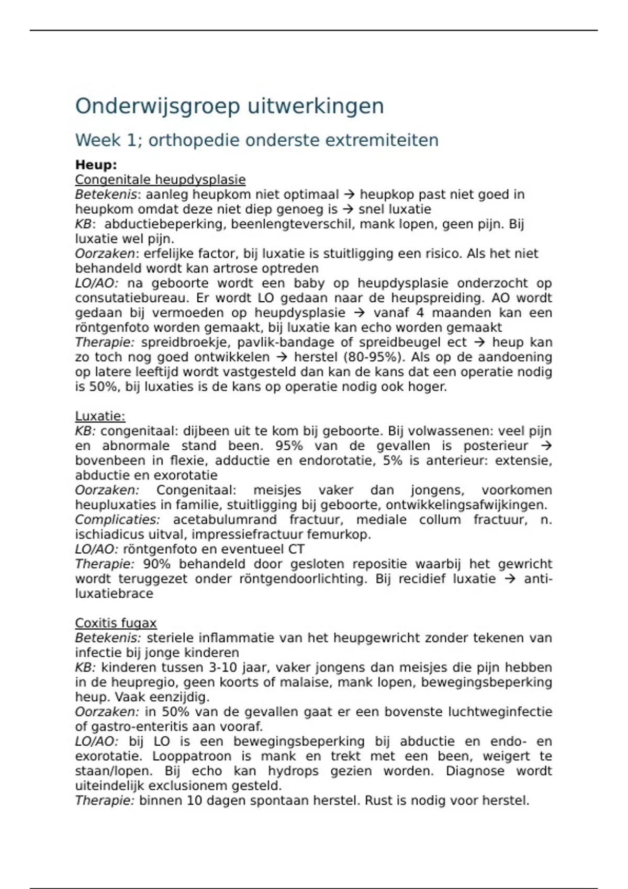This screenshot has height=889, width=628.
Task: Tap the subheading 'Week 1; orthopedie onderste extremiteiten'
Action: click(x=256, y=140)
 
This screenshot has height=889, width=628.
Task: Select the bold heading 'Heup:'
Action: click(x=96, y=165)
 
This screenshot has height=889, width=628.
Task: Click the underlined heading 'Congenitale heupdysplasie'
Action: click(x=160, y=180)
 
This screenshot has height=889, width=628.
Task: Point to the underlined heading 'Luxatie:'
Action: click(x=100, y=416)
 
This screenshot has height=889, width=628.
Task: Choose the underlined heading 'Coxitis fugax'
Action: click(x=116, y=623)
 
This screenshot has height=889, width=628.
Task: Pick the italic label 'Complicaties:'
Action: click(x=117, y=520)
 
